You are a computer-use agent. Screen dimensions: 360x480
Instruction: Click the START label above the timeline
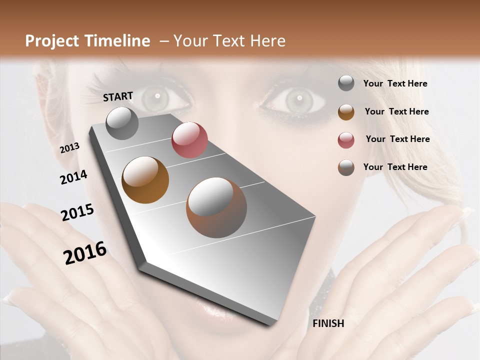(118, 96)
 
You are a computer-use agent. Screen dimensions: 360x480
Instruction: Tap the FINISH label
(328, 323)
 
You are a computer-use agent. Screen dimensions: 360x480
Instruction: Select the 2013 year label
(69, 148)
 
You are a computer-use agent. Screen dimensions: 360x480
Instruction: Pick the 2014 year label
(73, 177)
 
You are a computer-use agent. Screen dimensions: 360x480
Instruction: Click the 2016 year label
(85, 253)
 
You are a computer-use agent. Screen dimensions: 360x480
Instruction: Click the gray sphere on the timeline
(122, 123)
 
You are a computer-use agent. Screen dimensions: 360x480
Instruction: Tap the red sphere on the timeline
(189, 140)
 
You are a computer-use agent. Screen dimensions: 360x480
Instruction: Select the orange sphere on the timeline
(145, 180)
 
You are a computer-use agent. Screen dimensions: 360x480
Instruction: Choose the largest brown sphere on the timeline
(216, 207)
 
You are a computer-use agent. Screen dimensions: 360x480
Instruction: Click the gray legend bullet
(346, 83)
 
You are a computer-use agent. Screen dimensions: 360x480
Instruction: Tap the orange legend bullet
(346, 111)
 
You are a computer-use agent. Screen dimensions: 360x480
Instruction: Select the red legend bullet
(346, 139)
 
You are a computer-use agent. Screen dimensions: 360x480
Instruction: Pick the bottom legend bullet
(346, 167)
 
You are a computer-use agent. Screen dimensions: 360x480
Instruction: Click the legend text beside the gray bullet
(395, 83)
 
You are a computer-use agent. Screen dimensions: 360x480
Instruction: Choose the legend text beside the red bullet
(397, 139)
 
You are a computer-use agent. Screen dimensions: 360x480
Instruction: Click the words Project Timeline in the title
(87, 41)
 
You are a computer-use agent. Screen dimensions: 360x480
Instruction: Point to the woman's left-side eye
(157, 98)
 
